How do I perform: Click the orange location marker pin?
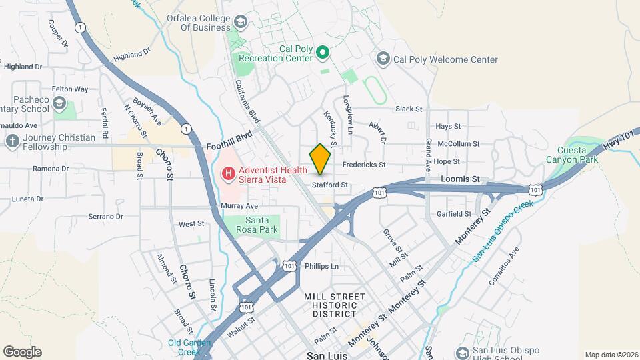(x=321, y=159)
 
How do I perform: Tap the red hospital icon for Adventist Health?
(x=229, y=174)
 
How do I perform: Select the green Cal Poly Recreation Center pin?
(x=323, y=51)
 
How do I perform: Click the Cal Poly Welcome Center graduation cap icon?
(x=383, y=59)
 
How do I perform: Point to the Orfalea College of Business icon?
(x=240, y=23)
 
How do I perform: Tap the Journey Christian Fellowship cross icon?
(x=11, y=141)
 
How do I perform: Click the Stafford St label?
(x=331, y=184)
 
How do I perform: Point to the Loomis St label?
(x=460, y=179)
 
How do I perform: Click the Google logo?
(x=22, y=351)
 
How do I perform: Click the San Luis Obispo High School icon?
(x=462, y=352)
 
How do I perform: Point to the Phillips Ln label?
(x=322, y=266)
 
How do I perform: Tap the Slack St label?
(x=409, y=109)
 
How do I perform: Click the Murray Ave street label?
(x=239, y=206)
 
